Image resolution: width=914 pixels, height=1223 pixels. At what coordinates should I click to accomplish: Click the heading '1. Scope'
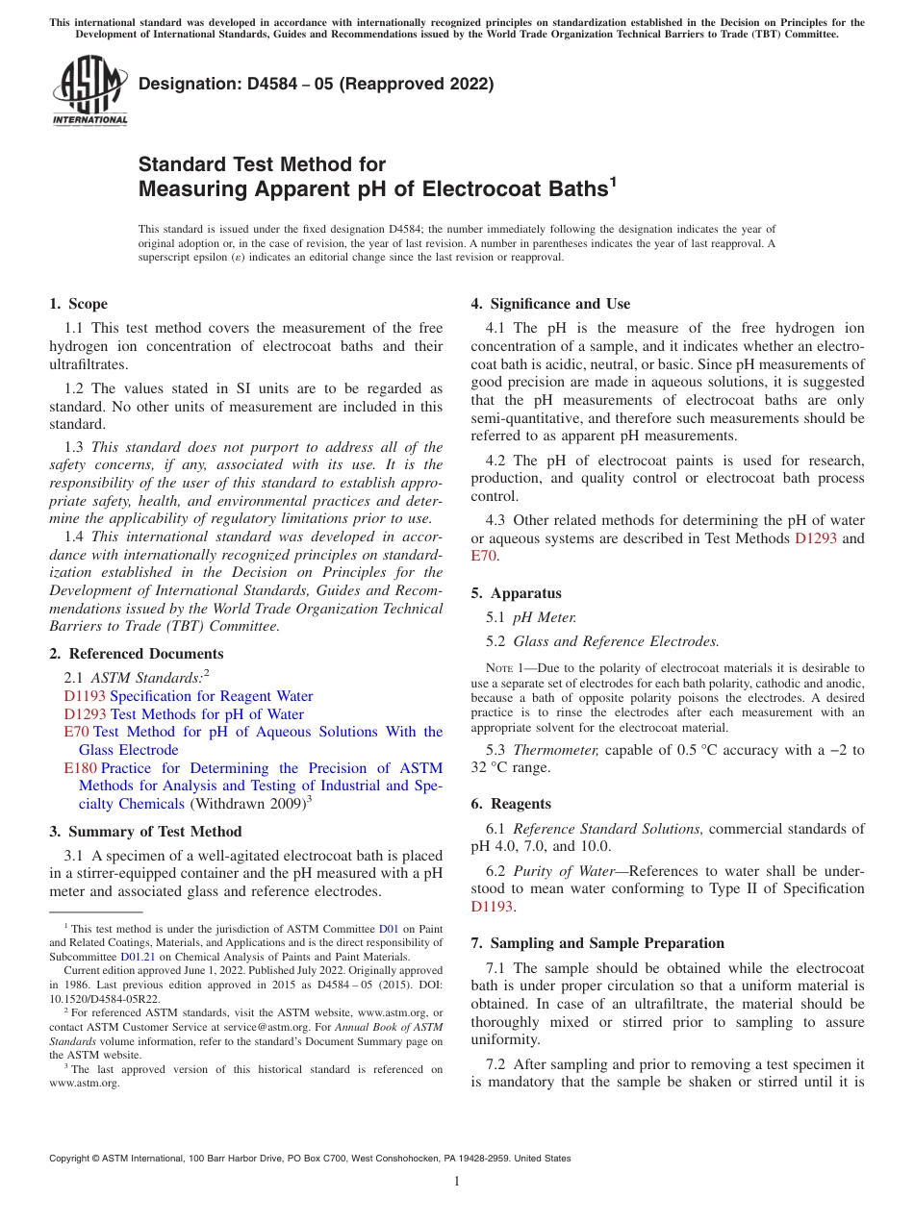[x=79, y=304]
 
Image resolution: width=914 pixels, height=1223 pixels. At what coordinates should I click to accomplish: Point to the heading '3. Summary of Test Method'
[x=145, y=831]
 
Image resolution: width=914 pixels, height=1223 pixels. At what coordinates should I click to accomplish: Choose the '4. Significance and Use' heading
[x=550, y=304]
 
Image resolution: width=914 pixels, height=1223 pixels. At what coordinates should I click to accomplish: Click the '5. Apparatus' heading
[x=516, y=593]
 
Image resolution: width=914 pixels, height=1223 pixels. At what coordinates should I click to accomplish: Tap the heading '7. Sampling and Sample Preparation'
[x=597, y=943]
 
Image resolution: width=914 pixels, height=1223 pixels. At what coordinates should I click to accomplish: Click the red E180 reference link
[x=80, y=768]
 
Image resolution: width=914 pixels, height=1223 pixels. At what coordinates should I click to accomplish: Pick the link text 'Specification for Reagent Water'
[x=212, y=696]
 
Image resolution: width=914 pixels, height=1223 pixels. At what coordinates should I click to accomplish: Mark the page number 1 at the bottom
[x=457, y=1182]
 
